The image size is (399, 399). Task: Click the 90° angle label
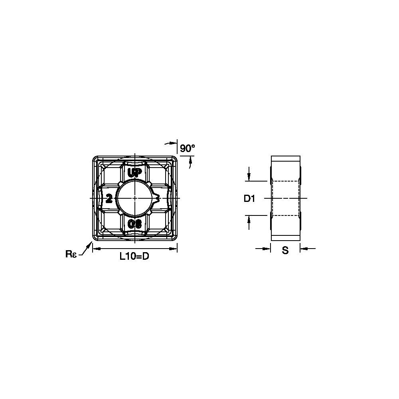tap(187, 148)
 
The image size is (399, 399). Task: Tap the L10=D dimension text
tap(134, 256)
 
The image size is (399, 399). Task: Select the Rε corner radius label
tap(71, 254)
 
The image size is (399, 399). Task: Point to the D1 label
tap(249, 198)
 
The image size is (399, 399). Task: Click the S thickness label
tap(285, 251)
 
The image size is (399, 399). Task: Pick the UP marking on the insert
tap(134, 173)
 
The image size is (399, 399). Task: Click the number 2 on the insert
tap(109, 198)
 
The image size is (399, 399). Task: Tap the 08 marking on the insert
tap(134, 224)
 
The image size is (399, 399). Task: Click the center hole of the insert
tap(135, 198)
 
